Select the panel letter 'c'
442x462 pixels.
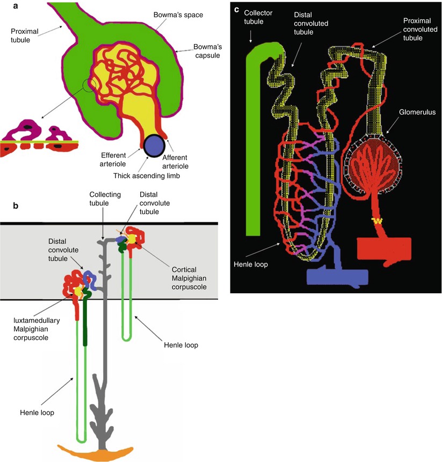[236, 9]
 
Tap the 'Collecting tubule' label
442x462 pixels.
[106, 199]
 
